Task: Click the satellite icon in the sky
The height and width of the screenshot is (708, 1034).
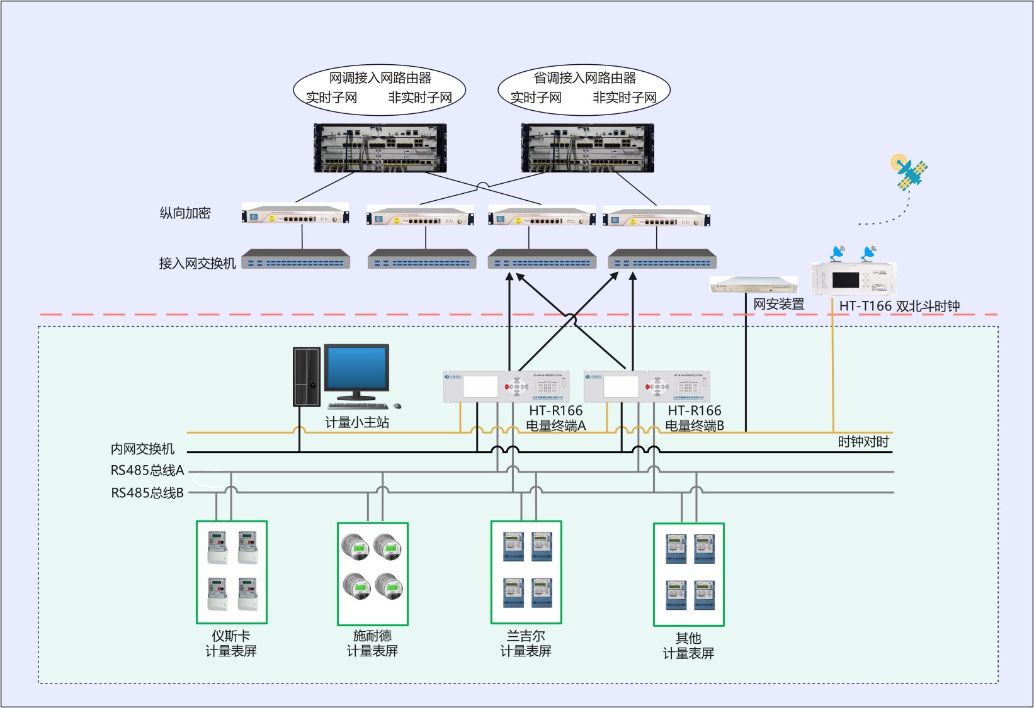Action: (x=911, y=171)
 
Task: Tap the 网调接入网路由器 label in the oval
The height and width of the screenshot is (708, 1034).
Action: (x=380, y=78)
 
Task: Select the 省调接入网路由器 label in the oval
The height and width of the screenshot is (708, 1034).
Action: (x=584, y=78)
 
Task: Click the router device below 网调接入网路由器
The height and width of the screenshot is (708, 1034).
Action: (x=380, y=148)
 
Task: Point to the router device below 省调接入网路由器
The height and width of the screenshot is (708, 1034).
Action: (x=588, y=148)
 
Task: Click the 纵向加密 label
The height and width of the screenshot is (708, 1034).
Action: (x=185, y=213)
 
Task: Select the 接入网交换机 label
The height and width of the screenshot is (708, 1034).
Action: (x=197, y=263)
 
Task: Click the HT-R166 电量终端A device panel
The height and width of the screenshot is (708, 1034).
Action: (x=506, y=386)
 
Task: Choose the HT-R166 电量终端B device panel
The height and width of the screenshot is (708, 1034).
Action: (x=647, y=386)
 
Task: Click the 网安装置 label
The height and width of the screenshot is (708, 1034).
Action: (x=779, y=305)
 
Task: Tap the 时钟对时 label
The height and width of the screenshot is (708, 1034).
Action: (x=863, y=442)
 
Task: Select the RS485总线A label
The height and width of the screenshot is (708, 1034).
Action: (x=147, y=470)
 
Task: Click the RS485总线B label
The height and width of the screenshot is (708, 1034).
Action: (x=147, y=493)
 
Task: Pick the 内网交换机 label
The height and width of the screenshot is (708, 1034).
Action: (x=142, y=449)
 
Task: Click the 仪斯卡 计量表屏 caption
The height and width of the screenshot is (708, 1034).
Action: (x=231, y=643)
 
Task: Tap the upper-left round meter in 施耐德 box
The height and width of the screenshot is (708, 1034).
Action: (x=356, y=546)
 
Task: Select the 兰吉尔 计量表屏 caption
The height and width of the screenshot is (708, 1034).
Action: (x=526, y=643)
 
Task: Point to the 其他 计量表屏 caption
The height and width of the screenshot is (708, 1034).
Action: (x=688, y=646)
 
